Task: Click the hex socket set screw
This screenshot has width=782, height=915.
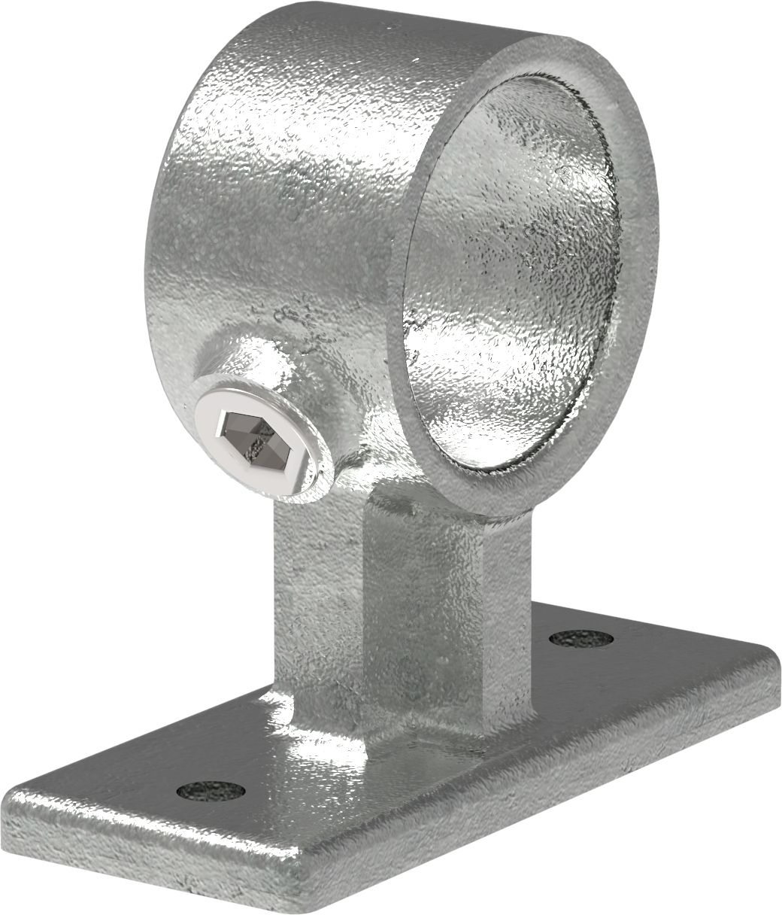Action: click(x=259, y=436)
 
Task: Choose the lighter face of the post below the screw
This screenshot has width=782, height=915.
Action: click(x=316, y=602)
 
